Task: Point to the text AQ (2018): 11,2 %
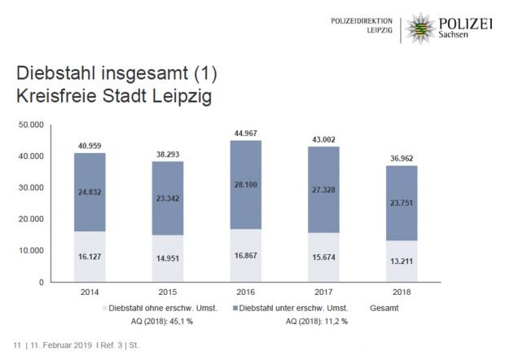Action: click(318, 321)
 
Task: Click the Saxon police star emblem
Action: click(420, 28)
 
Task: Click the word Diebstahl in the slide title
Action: click(53, 73)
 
